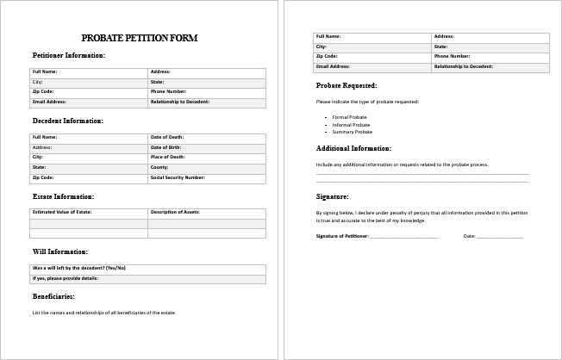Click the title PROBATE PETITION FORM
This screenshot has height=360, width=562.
pos(139,38)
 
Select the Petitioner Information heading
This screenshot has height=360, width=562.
pos(69,55)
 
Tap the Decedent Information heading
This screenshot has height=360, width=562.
pos(68,121)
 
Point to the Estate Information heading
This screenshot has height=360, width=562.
pos(63,196)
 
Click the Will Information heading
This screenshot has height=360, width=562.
pos(60,251)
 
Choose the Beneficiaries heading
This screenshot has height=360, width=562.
pos(53,296)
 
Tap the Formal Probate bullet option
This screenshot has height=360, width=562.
pos(349,117)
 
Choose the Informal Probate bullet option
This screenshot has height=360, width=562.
pos(351,125)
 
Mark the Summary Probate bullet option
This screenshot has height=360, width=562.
pos(352,132)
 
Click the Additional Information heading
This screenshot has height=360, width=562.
pos(353,149)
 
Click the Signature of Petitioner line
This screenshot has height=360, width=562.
pos(403,236)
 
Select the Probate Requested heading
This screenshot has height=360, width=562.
pos(347,86)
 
